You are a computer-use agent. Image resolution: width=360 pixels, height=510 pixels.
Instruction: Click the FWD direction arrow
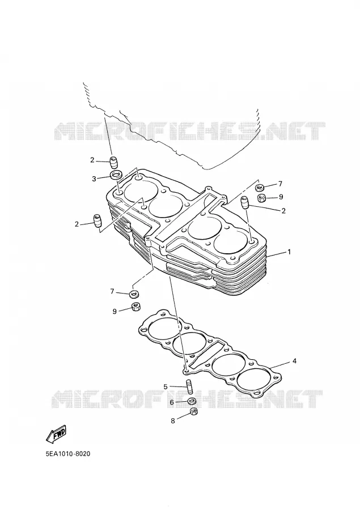click(57, 435)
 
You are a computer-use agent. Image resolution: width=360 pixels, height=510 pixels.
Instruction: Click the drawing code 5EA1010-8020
click(68, 453)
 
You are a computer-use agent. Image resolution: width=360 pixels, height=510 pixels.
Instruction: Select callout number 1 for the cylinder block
click(289, 252)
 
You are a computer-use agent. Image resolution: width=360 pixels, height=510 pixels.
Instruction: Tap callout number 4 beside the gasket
click(294, 361)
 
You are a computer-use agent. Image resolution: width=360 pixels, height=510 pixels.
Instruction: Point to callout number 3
click(95, 178)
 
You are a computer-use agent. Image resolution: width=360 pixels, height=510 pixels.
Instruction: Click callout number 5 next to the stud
click(166, 386)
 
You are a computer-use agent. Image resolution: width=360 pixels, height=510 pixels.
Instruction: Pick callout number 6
click(172, 402)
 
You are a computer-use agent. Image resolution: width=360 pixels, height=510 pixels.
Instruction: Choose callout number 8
click(173, 420)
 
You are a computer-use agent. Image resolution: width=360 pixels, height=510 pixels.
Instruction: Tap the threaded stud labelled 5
click(188, 386)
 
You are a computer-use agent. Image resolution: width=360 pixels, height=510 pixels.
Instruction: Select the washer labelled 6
click(192, 401)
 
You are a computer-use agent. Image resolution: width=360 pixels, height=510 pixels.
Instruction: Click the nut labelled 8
click(193, 411)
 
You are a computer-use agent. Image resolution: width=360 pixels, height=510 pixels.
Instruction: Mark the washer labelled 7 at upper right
click(260, 188)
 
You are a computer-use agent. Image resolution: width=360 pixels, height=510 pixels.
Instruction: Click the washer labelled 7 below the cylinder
click(133, 294)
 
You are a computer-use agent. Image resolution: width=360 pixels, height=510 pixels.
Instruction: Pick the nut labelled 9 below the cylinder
click(135, 306)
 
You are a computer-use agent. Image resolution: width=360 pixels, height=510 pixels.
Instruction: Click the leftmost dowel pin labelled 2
click(98, 221)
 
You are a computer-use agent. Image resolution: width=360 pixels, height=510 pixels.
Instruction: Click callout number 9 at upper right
click(281, 197)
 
